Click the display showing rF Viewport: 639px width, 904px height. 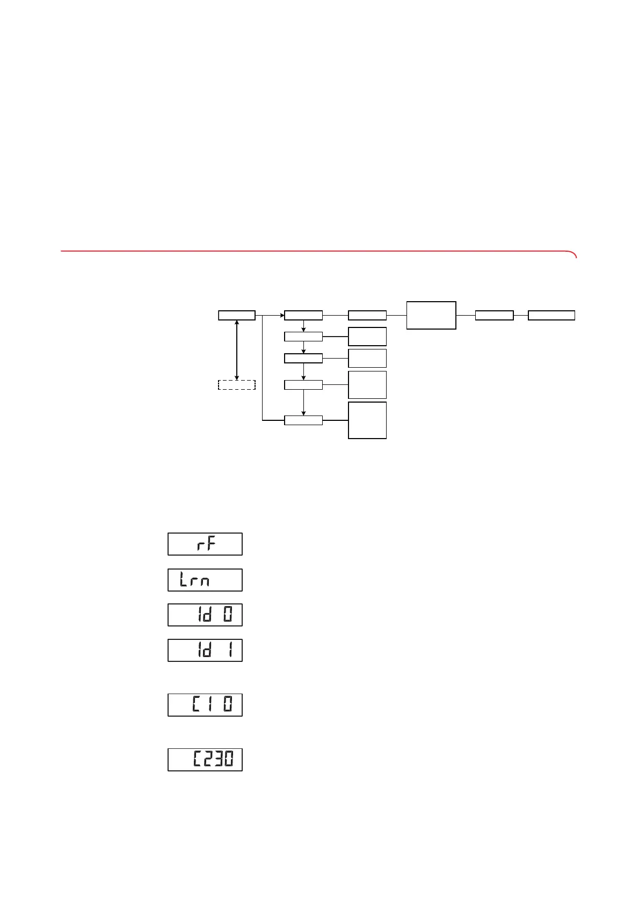[205, 544]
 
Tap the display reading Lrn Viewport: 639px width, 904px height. [205, 580]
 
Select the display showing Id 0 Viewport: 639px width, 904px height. [205, 615]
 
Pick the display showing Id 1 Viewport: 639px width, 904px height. [205, 650]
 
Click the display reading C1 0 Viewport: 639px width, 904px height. [205, 705]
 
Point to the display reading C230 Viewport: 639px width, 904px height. [205, 760]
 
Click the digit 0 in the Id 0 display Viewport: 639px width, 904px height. [228, 615]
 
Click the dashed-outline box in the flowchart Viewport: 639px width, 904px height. [236, 384]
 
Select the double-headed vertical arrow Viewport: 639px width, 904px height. [237, 349]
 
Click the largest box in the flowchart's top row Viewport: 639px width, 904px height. [431, 315]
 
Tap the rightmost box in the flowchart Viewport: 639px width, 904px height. [551, 315]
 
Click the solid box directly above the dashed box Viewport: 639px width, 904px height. [237, 315]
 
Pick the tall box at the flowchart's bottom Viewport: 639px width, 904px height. [367, 420]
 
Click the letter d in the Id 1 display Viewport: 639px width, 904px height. [207, 650]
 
